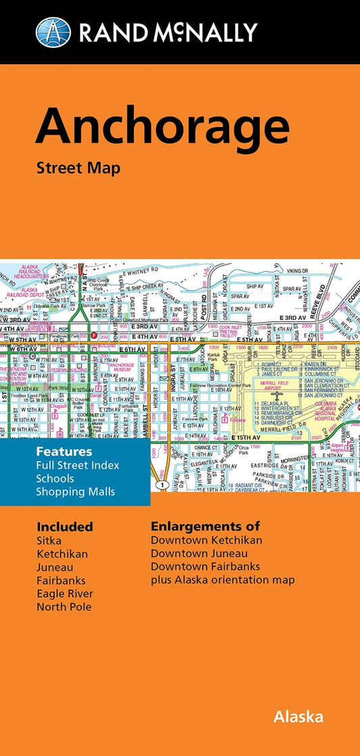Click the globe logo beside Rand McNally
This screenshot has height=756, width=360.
[x=53, y=32]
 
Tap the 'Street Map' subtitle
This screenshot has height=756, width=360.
[x=78, y=168]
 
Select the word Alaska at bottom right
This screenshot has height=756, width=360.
[x=298, y=717]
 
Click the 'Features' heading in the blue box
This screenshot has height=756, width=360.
[x=64, y=451]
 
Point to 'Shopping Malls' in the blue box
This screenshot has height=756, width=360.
[x=76, y=491]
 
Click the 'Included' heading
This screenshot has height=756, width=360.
[x=65, y=526]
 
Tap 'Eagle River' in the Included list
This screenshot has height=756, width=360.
[x=65, y=593]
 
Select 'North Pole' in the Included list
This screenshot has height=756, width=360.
[x=63, y=606]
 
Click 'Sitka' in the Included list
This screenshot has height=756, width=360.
[x=49, y=541]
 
